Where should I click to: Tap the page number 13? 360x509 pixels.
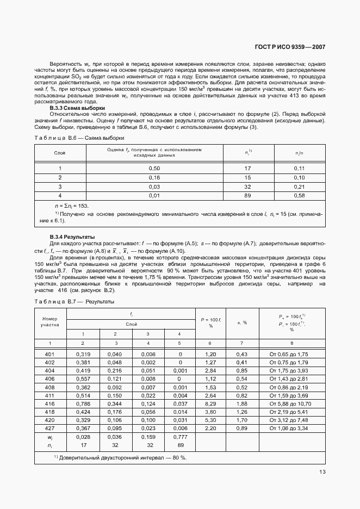[x=322, y=472]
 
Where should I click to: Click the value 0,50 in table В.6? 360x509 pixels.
[x=154, y=169]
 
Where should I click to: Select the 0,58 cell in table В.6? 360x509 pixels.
[x=299, y=195]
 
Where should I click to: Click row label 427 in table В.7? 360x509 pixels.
[x=49, y=429]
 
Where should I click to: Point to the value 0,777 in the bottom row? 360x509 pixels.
[x=180, y=437]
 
